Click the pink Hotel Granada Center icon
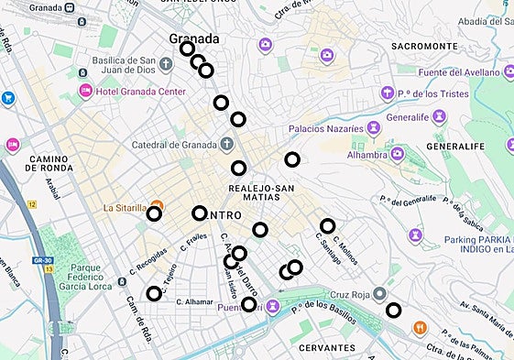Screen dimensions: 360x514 click(86, 90)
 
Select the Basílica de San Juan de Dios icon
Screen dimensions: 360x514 click(166, 64)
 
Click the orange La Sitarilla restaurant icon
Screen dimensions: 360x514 click(157, 207)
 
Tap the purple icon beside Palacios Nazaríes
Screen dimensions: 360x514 click(372, 129)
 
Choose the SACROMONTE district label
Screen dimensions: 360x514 click(423, 46)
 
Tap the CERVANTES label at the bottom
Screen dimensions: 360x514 click(327, 348)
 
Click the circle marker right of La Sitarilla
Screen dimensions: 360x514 click(199, 213)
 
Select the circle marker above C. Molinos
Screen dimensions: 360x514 click(327, 226)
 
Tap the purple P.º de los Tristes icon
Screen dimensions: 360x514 click(388, 93)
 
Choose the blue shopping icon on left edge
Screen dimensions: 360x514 click(8, 98)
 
